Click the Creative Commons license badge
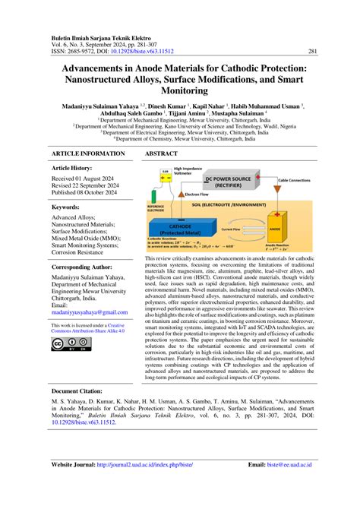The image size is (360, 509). [66, 343]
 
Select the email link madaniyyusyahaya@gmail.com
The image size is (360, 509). [85, 311]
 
